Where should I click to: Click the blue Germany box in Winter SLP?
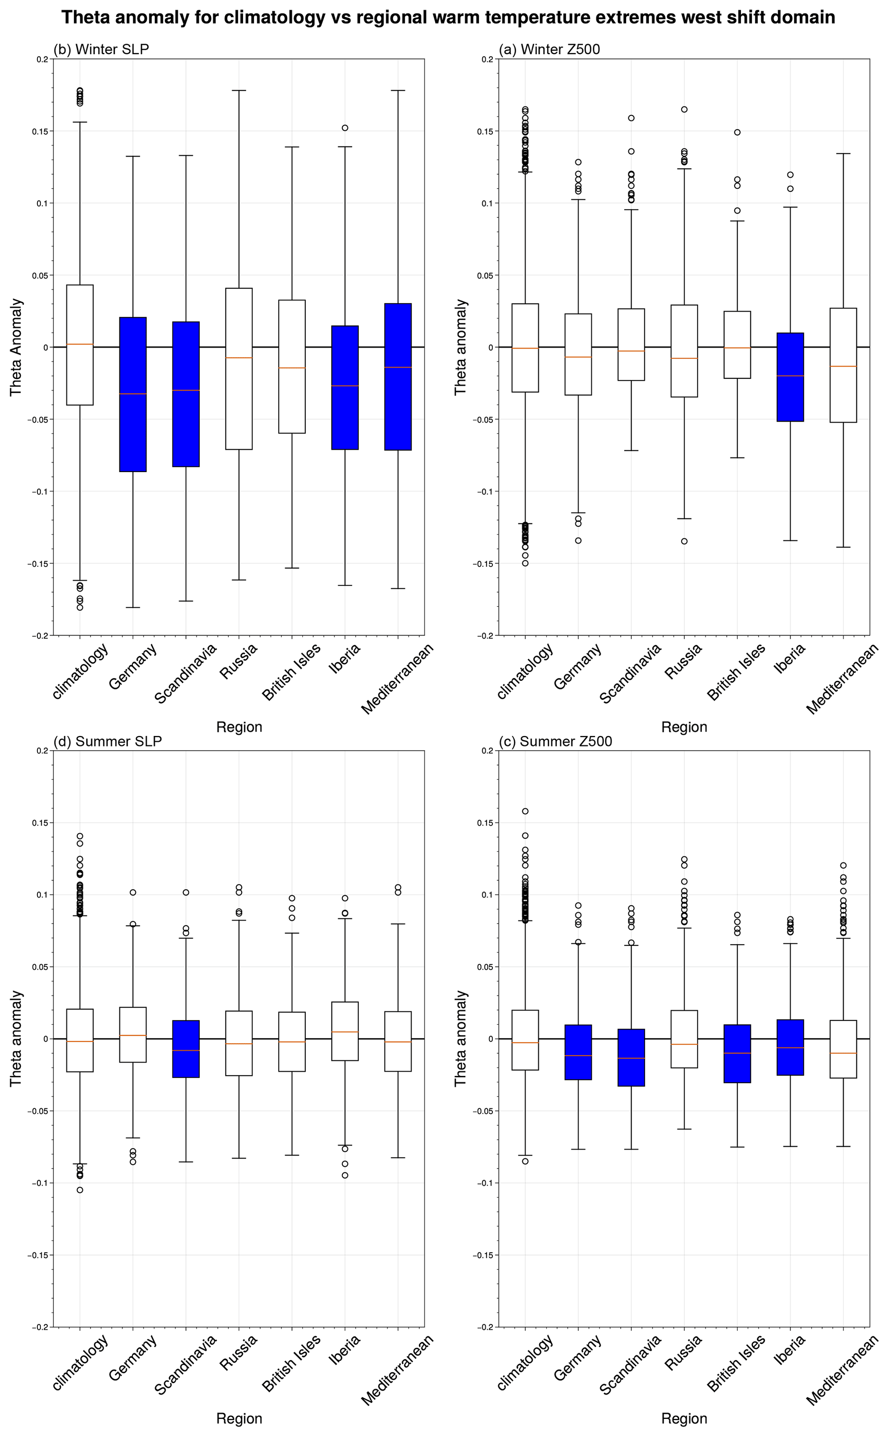[133, 394]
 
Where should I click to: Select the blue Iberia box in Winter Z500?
[790, 377]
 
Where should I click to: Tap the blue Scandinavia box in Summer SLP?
[186, 1049]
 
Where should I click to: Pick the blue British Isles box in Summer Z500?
[737, 1054]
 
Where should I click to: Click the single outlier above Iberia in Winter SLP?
[345, 128]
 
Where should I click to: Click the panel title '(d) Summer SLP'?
[108, 741]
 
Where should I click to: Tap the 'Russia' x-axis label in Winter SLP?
[238, 662]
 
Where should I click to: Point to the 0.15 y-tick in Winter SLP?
[40, 131]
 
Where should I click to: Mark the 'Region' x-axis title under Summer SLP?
[239, 1418]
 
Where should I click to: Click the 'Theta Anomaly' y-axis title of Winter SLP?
[16, 347]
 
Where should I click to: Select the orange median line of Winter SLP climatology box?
[80, 344]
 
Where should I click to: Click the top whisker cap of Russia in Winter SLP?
[239, 90]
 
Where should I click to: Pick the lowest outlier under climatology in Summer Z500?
[525, 1161]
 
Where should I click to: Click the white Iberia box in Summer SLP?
[345, 1032]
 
